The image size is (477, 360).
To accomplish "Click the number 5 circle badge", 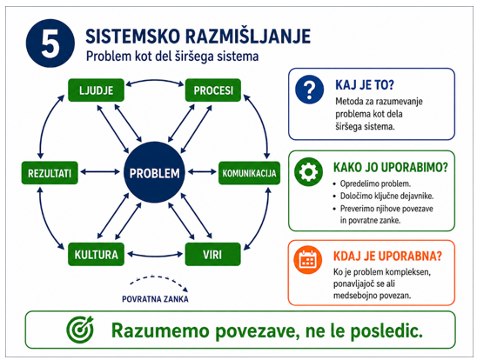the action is click(x=50, y=43).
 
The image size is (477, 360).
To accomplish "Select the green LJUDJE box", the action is click(x=96, y=90).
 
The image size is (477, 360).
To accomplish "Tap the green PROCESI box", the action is click(x=213, y=90).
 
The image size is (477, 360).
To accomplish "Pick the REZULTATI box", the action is click(x=50, y=173).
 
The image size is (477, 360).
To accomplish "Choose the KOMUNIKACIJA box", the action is click(x=249, y=173).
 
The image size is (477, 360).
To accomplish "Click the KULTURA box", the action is click(x=96, y=254).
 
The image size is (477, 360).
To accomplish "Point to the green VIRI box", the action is click(x=212, y=254).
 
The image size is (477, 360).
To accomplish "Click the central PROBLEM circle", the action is click(x=154, y=172).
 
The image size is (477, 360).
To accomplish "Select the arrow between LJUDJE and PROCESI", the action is click(x=155, y=81).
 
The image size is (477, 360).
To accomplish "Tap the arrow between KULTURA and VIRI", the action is click(x=155, y=257).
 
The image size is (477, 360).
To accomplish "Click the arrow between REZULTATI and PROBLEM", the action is click(x=100, y=172).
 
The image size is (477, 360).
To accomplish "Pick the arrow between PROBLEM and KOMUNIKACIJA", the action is click(x=202, y=172).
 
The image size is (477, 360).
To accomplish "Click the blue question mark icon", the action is click(x=309, y=90).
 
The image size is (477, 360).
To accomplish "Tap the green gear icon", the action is click(x=308, y=172).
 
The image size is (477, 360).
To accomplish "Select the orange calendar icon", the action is click(x=308, y=260).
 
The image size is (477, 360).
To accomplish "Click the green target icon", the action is click(x=80, y=329).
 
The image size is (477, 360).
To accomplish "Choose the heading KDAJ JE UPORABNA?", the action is click(x=387, y=257).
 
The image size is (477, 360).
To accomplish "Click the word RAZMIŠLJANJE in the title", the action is click(x=248, y=37).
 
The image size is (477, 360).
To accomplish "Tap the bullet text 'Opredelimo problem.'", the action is click(x=375, y=183).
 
